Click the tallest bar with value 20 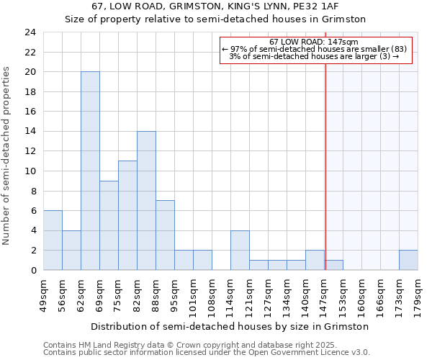pyautogui.click(x=90, y=171)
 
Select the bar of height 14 pyautogui.click(x=146, y=200)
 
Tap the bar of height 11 pyautogui.click(x=127, y=215)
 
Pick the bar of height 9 pyautogui.click(x=109, y=225)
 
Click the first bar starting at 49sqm pyautogui.click(x=53, y=240)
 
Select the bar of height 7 pyautogui.click(x=165, y=235)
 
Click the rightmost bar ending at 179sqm pyautogui.click(x=408, y=260)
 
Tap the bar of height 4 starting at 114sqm pyautogui.click(x=240, y=250)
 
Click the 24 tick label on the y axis pyautogui.click(x=30, y=32)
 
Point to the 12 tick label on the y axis pyautogui.click(x=30, y=151)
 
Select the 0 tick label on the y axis pyautogui.click(x=33, y=270)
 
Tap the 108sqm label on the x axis pyautogui.click(x=212, y=294)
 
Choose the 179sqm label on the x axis pyautogui.click(x=418, y=294)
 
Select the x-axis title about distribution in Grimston pyautogui.click(x=230, y=326)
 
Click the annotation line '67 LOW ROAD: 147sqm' pyautogui.click(x=315, y=42)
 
